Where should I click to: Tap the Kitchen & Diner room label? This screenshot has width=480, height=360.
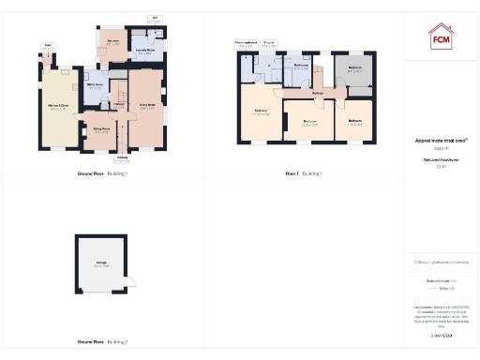[x=58, y=106]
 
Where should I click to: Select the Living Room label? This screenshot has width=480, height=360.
[x=147, y=107]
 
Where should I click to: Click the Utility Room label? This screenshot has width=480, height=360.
[x=96, y=85]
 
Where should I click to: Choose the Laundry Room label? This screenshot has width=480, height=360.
[x=145, y=52]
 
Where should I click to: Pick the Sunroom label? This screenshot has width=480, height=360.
[x=112, y=43]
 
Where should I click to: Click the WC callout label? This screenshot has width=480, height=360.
[x=155, y=19]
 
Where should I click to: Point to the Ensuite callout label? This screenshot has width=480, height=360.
[x=269, y=43]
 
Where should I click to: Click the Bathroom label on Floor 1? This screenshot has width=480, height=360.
[x=301, y=67]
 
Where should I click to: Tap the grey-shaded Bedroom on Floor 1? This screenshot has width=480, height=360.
[x=355, y=68]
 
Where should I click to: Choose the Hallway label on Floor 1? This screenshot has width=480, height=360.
[x=318, y=93]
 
